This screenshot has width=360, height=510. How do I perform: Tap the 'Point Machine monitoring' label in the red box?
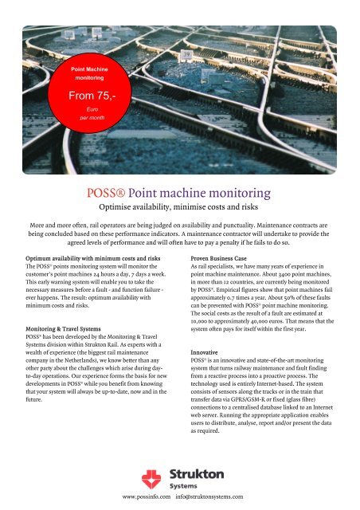(x=96, y=75)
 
